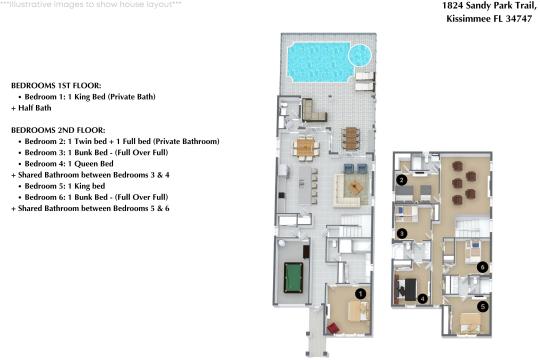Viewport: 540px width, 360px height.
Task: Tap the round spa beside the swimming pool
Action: coord(361,52)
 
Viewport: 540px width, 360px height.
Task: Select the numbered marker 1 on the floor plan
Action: coord(361,292)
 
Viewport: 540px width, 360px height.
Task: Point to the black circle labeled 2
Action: coord(401,181)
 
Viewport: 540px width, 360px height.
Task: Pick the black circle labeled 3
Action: coord(401,234)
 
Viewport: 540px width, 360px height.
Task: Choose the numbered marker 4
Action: coord(424,298)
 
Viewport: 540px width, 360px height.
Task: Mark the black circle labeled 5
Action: coord(483,308)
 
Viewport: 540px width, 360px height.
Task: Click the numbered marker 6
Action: coord(482,267)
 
